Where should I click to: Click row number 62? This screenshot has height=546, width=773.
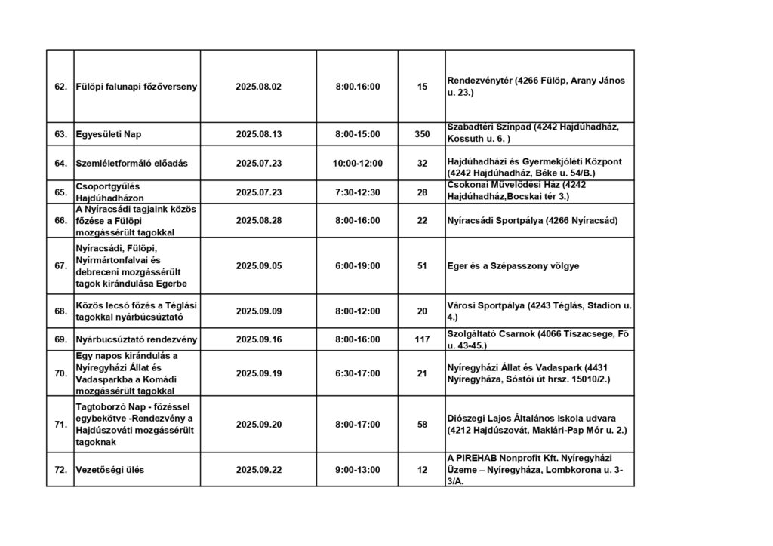[x=60, y=87]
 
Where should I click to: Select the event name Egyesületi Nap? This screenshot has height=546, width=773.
[x=109, y=135]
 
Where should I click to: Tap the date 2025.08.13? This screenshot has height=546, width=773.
[x=258, y=135]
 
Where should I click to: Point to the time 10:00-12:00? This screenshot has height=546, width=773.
[x=357, y=163]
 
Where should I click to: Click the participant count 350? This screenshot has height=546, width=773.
[x=422, y=135]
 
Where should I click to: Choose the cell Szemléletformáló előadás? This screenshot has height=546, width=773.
[x=131, y=163]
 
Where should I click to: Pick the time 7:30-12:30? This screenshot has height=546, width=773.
[x=357, y=192]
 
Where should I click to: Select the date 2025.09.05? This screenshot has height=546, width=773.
[x=258, y=265]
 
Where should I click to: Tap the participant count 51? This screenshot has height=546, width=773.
[x=422, y=265]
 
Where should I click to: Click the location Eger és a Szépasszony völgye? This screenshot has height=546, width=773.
[x=513, y=265]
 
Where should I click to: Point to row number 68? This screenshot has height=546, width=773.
[x=60, y=311]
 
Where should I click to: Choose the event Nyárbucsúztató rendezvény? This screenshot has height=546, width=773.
[x=136, y=339]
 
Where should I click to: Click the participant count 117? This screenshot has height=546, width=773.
[x=422, y=339]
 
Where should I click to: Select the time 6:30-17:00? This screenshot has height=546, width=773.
[x=357, y=373]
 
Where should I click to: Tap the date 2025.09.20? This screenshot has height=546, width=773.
[x=258, y=425]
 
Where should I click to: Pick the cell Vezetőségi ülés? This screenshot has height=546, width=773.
[x=109, y=470]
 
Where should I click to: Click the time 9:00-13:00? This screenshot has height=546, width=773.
[x=357, y=470]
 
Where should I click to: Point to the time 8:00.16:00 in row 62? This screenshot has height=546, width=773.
[x=357, y=87]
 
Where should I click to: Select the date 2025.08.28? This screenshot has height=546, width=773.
[x=258, y=220]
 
